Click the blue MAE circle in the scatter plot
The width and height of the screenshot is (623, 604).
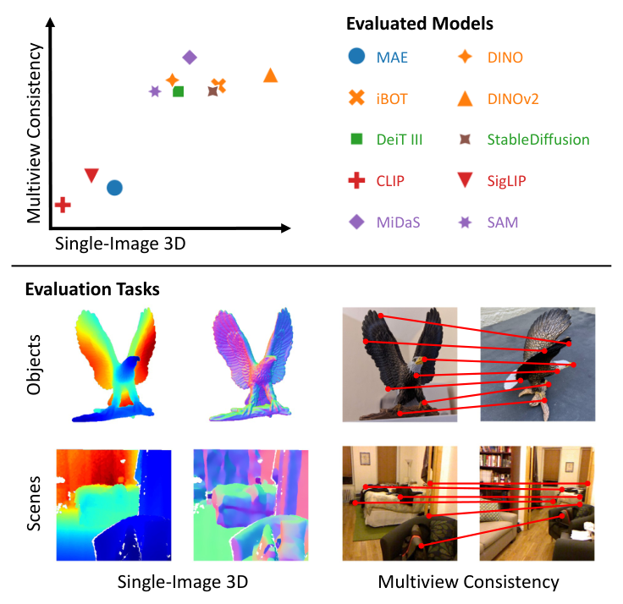(115, 187)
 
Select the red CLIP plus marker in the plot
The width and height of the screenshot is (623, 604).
(63, 204)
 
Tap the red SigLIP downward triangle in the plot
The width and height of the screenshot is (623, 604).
(92, 175)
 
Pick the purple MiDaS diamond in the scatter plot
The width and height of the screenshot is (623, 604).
(190, 58)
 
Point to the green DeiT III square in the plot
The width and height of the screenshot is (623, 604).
(179, 91)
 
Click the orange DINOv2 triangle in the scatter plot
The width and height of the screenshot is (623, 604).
(270, 75)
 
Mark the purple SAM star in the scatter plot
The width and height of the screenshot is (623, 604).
(155, 91)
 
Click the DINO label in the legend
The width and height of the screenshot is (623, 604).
(506, 58)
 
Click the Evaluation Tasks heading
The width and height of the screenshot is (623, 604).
(92, 289)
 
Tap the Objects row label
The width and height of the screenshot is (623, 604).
(34, 365)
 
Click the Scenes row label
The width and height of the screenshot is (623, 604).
(34, 503)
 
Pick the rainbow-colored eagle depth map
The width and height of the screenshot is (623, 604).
(115, 366)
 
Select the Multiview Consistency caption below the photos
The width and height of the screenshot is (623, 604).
(468, 581)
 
